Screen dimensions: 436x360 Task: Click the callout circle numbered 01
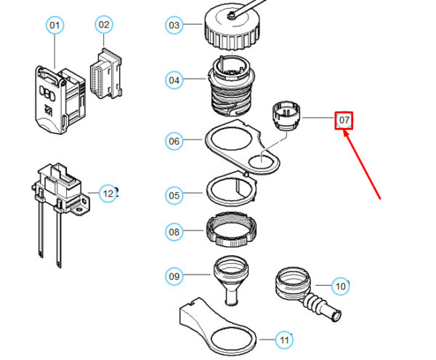point(54,25)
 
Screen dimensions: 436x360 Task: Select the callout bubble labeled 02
point(104,25)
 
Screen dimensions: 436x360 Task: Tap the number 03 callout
point(174,25)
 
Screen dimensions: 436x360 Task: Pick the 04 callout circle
point(174,80)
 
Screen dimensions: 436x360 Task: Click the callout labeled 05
point(174,196)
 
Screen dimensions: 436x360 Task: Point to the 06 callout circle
point(174,141)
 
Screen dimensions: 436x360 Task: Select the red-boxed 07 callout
point(344,121)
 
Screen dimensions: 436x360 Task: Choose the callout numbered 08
point(174,232)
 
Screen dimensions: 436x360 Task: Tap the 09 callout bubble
point(174,276)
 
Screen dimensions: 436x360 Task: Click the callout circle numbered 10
point(341,287)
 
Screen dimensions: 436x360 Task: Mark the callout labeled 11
point(284,340)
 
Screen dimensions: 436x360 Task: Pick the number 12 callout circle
point(108,193)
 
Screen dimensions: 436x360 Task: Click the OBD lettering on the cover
point(47,93)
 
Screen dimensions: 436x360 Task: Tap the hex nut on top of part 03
point(231,15)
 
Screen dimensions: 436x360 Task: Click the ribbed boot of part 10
point(317,303)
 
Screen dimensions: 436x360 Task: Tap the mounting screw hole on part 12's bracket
point(81,209)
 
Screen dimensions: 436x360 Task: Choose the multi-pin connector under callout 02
point(106,73)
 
